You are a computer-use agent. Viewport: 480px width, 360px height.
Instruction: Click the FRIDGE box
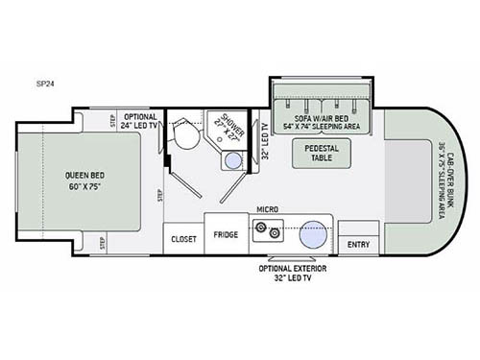226,235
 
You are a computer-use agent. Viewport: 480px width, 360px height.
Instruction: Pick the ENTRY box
359,244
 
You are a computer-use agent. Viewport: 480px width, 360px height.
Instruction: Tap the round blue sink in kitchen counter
313,232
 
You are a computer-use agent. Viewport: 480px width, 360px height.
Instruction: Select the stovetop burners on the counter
264,231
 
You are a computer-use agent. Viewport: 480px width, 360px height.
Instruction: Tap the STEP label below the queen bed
102,243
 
